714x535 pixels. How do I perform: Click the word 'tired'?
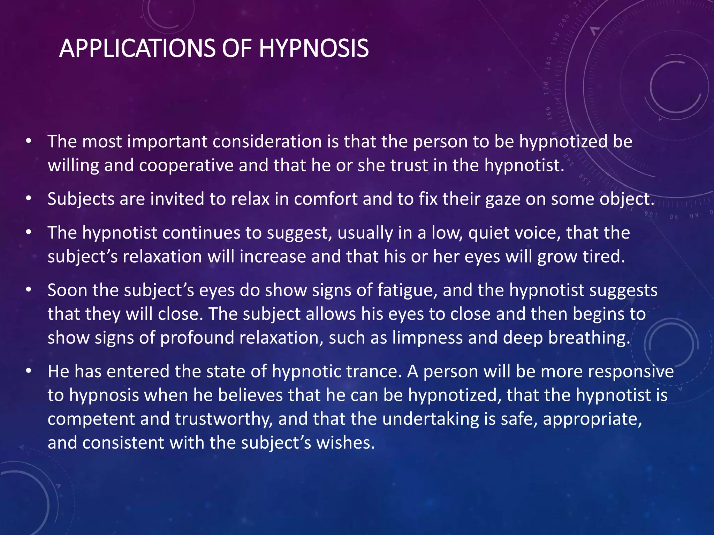(603, 257)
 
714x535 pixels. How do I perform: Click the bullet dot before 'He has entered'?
(29, 371)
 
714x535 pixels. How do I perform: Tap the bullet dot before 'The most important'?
(29, 141)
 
